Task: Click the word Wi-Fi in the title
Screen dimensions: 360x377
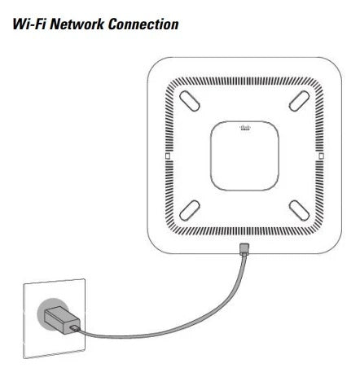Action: [29, 24]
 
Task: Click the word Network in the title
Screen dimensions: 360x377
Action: [77, 24]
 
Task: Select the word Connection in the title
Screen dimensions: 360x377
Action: [143, 24]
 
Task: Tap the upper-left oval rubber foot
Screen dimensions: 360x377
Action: [190, 101]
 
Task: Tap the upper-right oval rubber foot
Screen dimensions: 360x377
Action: [299, 101]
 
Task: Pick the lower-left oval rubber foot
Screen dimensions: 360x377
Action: [190, 211]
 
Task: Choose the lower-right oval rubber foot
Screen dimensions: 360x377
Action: [299, 211]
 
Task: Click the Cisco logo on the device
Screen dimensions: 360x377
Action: [245, 128]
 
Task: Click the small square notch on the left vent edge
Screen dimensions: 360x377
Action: [168, 156]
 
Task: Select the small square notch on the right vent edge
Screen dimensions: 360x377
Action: [321, 156]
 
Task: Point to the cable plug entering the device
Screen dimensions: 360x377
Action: [244, 249]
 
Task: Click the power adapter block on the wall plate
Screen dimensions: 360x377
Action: [62, 320]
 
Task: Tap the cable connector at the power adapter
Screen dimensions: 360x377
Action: [75, 329]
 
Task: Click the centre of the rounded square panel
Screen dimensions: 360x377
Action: [244, 156]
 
